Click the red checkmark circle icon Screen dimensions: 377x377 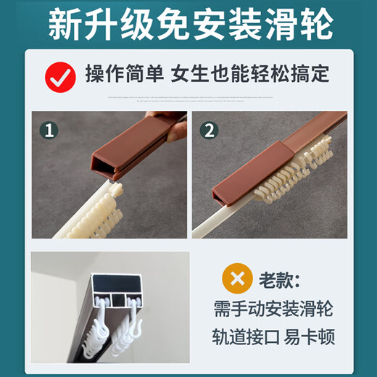pyautogui.click(x=60, y=77)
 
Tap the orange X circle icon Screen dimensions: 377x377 pyautogui.click(x=237, y=278)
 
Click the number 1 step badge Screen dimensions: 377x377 pyautogui.click(x=49, y=130)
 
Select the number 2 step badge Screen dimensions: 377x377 pyautogui.click(x=210, y=130)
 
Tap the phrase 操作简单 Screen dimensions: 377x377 pyautogui.click(x=125, y=73)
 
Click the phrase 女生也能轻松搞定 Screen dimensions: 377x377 pyautogui.click(x=250, y=73)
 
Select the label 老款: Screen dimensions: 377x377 pyautogui.click(x=279, y=280)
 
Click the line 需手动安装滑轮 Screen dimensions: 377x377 pyautogui.click(x=273, y=309)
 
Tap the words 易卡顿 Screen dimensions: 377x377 pyautogui.click(x=310, y=336)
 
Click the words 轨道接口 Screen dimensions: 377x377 pyautogui.click(x=246, y=336)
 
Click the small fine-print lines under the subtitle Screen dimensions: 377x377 pyautogui.click(x=191, y=99)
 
